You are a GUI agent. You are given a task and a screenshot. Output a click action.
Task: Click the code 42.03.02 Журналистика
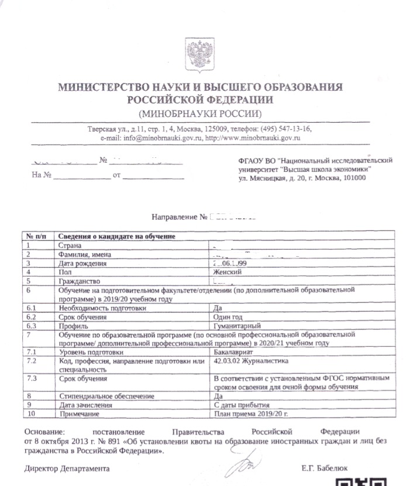(x=252, y=362)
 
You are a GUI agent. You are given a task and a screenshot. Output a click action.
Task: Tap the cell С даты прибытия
(x=242, y=405)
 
